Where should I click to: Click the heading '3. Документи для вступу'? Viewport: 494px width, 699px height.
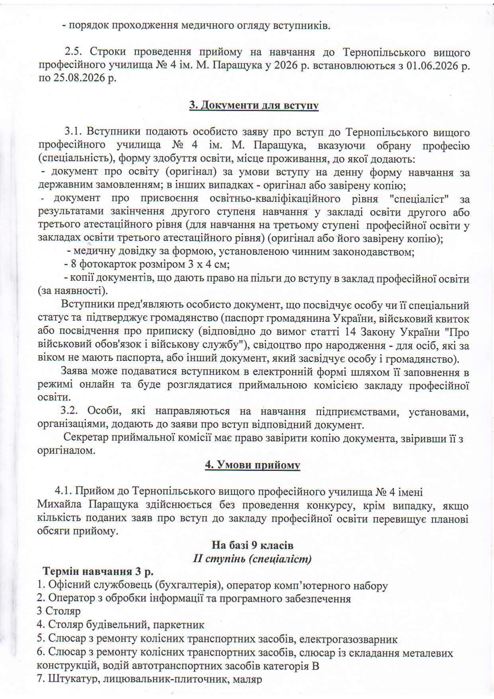254,106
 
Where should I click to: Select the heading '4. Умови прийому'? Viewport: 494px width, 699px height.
252,465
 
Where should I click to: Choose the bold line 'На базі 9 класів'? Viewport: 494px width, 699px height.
252,545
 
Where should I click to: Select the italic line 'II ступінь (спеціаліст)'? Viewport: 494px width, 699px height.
252,558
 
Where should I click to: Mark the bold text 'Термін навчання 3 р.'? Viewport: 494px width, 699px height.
98,572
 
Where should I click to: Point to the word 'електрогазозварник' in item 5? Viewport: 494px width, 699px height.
349,639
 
